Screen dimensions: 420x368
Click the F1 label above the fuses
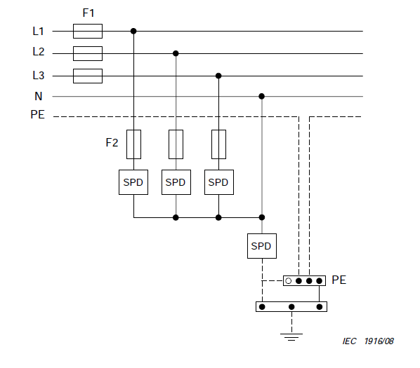(x=88, y=13)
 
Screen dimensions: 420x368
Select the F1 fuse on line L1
(x=88, y=32)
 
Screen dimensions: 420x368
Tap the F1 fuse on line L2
(x=88, y=53)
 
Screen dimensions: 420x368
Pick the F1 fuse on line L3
(x=88, y=76)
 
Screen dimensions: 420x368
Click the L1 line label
(x=39, y=32)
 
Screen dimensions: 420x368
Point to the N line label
(x=39, y=96)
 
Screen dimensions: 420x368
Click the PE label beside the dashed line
(x=37, y=115)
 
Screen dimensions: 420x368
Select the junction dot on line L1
(x=133, y=32)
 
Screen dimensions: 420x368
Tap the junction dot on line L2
(x=176, y=53)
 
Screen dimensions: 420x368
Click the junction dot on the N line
(x=262, y=96)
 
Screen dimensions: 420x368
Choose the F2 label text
(x=112, y=143)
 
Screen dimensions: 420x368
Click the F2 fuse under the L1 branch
(x=133, y=144)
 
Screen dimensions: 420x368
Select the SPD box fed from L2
(x=176, y=182)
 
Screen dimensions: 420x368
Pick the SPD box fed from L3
(x=219, y=182)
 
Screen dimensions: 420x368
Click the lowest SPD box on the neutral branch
(x=262, y=246)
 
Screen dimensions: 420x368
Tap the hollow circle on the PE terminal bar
(x=288, y=281)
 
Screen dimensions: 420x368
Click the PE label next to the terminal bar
(x=339, y=280)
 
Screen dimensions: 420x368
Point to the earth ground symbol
(x=291, y=337)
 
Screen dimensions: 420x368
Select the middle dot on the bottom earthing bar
(x=291, y=307)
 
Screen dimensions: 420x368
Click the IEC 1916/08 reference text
(x=368, y=341)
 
